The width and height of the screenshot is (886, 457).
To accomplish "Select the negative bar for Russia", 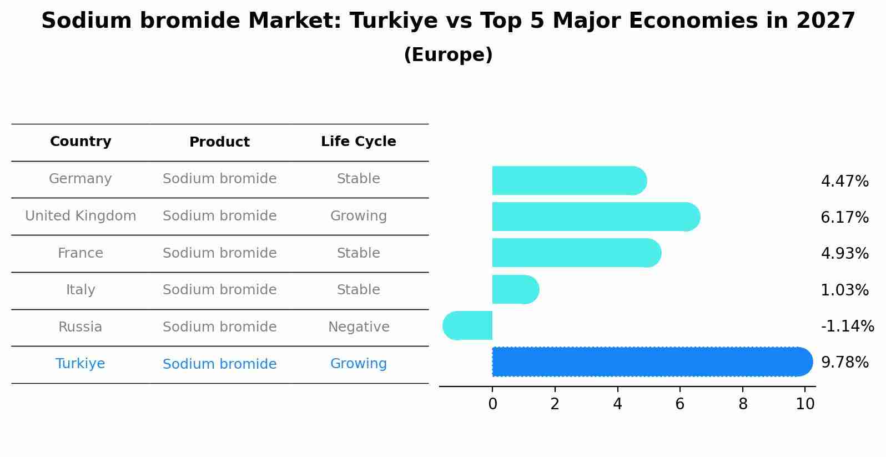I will point(467,325).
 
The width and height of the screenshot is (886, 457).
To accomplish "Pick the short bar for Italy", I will point(515,289).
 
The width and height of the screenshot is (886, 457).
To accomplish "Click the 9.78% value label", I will point(844,363).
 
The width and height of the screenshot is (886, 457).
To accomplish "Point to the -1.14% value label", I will point(847,326).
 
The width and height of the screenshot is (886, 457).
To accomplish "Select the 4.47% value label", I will point(844,182).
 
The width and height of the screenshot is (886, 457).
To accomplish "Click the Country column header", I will point(80,142).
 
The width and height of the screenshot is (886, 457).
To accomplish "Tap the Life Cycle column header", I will point(358,142).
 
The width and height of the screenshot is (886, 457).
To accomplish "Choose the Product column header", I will point(219,142).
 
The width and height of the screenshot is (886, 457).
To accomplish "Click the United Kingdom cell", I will point(80,216).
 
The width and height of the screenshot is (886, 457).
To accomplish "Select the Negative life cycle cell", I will point(358,327).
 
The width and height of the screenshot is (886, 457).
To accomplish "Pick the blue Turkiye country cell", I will point(80,364).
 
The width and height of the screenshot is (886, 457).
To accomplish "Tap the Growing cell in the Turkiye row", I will point(358,364).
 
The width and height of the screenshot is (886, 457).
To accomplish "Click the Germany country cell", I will point(80,179).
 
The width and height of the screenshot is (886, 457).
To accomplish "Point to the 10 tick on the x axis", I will point(805,404).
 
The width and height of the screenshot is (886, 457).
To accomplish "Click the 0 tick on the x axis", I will point(492,404).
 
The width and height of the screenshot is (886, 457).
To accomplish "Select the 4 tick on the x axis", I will point(617,404).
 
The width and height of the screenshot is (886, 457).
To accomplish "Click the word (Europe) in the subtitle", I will point(448,55).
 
